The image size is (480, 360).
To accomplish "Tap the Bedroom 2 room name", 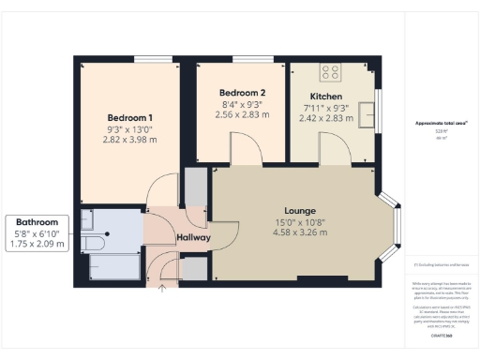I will (x=242, y=93).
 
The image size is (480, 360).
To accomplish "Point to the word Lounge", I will (x=300, y=210).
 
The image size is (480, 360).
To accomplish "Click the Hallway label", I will (x=193, y=237).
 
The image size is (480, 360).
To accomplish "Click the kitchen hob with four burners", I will (x=332, y=71).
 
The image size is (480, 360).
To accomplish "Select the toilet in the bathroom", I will (x=93, y=241).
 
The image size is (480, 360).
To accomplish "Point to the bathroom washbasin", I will (x=88, y=219).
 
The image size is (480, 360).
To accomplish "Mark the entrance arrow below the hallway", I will (x=163, y=288).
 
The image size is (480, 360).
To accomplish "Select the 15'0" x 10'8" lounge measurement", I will (x=300, y=221).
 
